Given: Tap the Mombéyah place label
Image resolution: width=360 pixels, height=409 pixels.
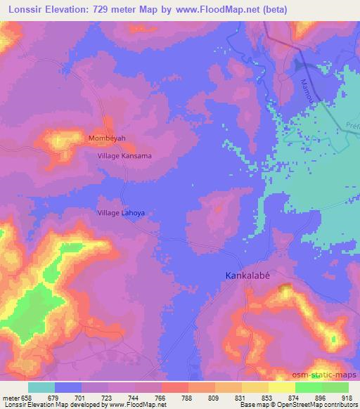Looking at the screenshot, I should [107, 138].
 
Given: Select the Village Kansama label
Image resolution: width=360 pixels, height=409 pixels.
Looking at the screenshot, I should [124, 156].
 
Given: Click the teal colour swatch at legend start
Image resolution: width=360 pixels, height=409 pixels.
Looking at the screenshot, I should [41, 387].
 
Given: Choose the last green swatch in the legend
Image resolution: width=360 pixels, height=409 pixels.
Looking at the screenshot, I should [335, 387].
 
